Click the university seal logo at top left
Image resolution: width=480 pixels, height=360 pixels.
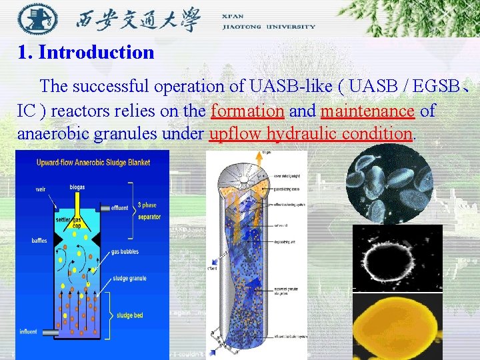click(33, 19)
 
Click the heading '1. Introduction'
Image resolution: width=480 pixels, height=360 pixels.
click(86, 52)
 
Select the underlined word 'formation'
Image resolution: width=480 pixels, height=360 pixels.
click(247, 110)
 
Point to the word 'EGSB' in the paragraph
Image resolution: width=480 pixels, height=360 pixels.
click(437, 87)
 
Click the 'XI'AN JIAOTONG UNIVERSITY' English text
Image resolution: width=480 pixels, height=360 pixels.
click(268, 21)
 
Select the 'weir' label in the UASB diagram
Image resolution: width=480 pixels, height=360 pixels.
click(41, 189)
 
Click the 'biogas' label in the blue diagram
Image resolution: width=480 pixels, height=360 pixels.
click(77, 187)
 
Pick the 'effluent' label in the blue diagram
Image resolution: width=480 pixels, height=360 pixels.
click(120, 208)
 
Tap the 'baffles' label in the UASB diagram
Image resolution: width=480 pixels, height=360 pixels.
click(39, 241)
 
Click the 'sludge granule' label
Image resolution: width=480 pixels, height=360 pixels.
click(129, 279)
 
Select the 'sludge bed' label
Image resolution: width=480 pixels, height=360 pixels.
click(129, 315)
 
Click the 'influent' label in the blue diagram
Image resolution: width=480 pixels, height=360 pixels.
click(29, 331)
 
